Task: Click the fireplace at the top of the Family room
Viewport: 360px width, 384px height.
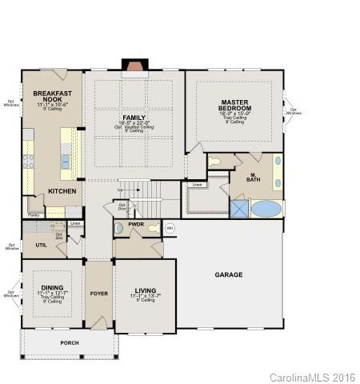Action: [134, 66]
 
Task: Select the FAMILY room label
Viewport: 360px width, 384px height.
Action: [134, 118]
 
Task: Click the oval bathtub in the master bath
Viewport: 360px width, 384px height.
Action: [266, 210]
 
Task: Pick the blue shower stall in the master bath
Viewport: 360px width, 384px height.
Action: [239, 209]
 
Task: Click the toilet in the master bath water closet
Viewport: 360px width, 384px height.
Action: [215, 162]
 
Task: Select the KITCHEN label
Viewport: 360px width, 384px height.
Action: [62, 191]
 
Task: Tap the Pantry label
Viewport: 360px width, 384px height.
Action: [34, 215]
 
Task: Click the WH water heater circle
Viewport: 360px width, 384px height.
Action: [170, 228]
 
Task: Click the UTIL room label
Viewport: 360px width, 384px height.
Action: [41, 245]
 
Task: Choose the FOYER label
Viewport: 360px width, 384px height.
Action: [98, 293]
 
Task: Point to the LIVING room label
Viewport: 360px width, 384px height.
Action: [145, 290]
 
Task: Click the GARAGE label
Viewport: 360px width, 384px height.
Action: [228, 274]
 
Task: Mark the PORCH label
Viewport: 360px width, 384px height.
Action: [70, 342]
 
